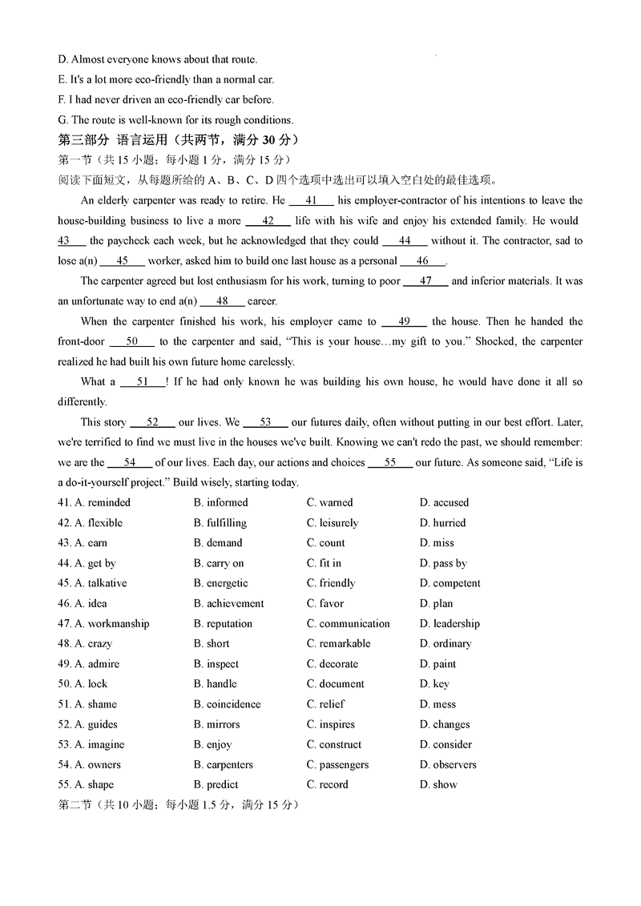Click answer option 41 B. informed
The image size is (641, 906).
(220, 502)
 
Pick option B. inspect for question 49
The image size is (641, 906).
(216, 664)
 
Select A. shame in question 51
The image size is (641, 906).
(95, 704)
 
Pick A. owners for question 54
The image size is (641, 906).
(97, 764)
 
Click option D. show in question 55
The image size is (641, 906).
(438, 784)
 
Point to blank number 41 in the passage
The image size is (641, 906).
(312, 200)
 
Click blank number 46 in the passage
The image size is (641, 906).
(422, 260)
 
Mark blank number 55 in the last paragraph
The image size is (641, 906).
(390, 462)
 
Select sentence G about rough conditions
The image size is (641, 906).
(175, 120)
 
